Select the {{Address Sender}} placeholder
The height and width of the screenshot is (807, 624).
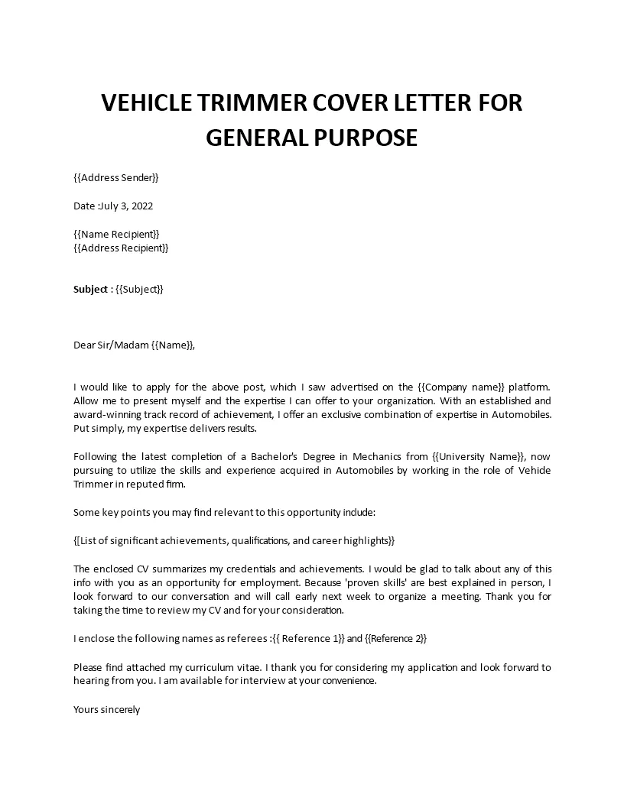(x=116, y=178)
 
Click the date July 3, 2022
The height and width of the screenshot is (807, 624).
(x=131, y=206)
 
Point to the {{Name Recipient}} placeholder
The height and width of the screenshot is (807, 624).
(x=117, y=234)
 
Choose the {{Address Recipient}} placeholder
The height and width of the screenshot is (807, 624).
(x=121, y=248)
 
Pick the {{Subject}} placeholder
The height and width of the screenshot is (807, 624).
(x=139, y=290)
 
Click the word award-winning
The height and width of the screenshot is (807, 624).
(x=108, y=414)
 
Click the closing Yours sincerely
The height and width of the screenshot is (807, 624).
(x=107, y=709)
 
